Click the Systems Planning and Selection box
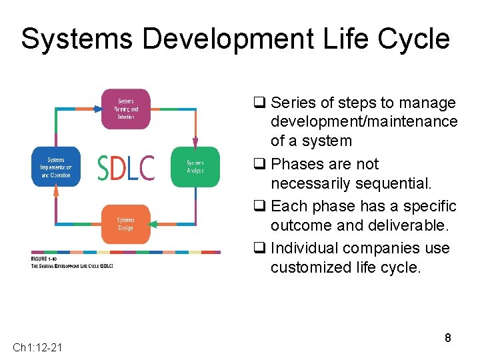coord(125,109)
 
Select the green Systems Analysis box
coord(195,167)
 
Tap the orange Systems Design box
coord(125,223)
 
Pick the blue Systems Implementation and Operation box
coord(56,167)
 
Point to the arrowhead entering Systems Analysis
coord(195,142)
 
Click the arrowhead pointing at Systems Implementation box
coord(56,192)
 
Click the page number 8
coord(448,338)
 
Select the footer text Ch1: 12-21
coord(37,347)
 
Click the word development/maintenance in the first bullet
coord(364,122)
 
